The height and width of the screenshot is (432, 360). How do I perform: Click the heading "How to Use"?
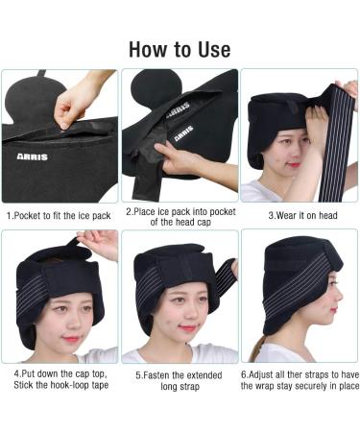[x=180, y=48]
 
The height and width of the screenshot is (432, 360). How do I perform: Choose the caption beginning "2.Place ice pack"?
[x=179, y=217]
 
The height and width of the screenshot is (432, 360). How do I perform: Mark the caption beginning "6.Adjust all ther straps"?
[x=299, y=374]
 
